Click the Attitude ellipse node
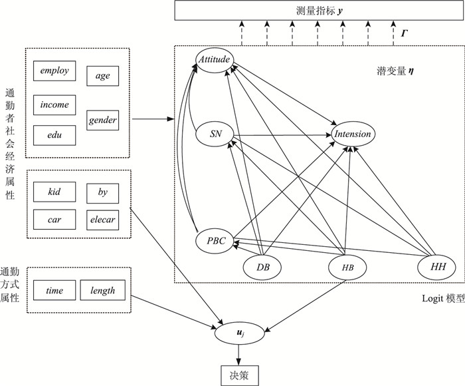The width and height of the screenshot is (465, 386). [214, 60]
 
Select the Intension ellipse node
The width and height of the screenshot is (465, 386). [353, 134]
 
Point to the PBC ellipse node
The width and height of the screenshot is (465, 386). [215, 241]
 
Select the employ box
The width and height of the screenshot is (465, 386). [54, 70]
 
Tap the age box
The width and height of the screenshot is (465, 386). [103, 76]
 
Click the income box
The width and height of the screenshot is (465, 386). [54, 104]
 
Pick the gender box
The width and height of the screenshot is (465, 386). [103, 120]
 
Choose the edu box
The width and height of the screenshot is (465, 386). [54, 135]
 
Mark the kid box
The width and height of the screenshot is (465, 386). [54, 192]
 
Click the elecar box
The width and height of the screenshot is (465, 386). [103, 218]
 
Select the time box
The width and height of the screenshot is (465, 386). [54, 290]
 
